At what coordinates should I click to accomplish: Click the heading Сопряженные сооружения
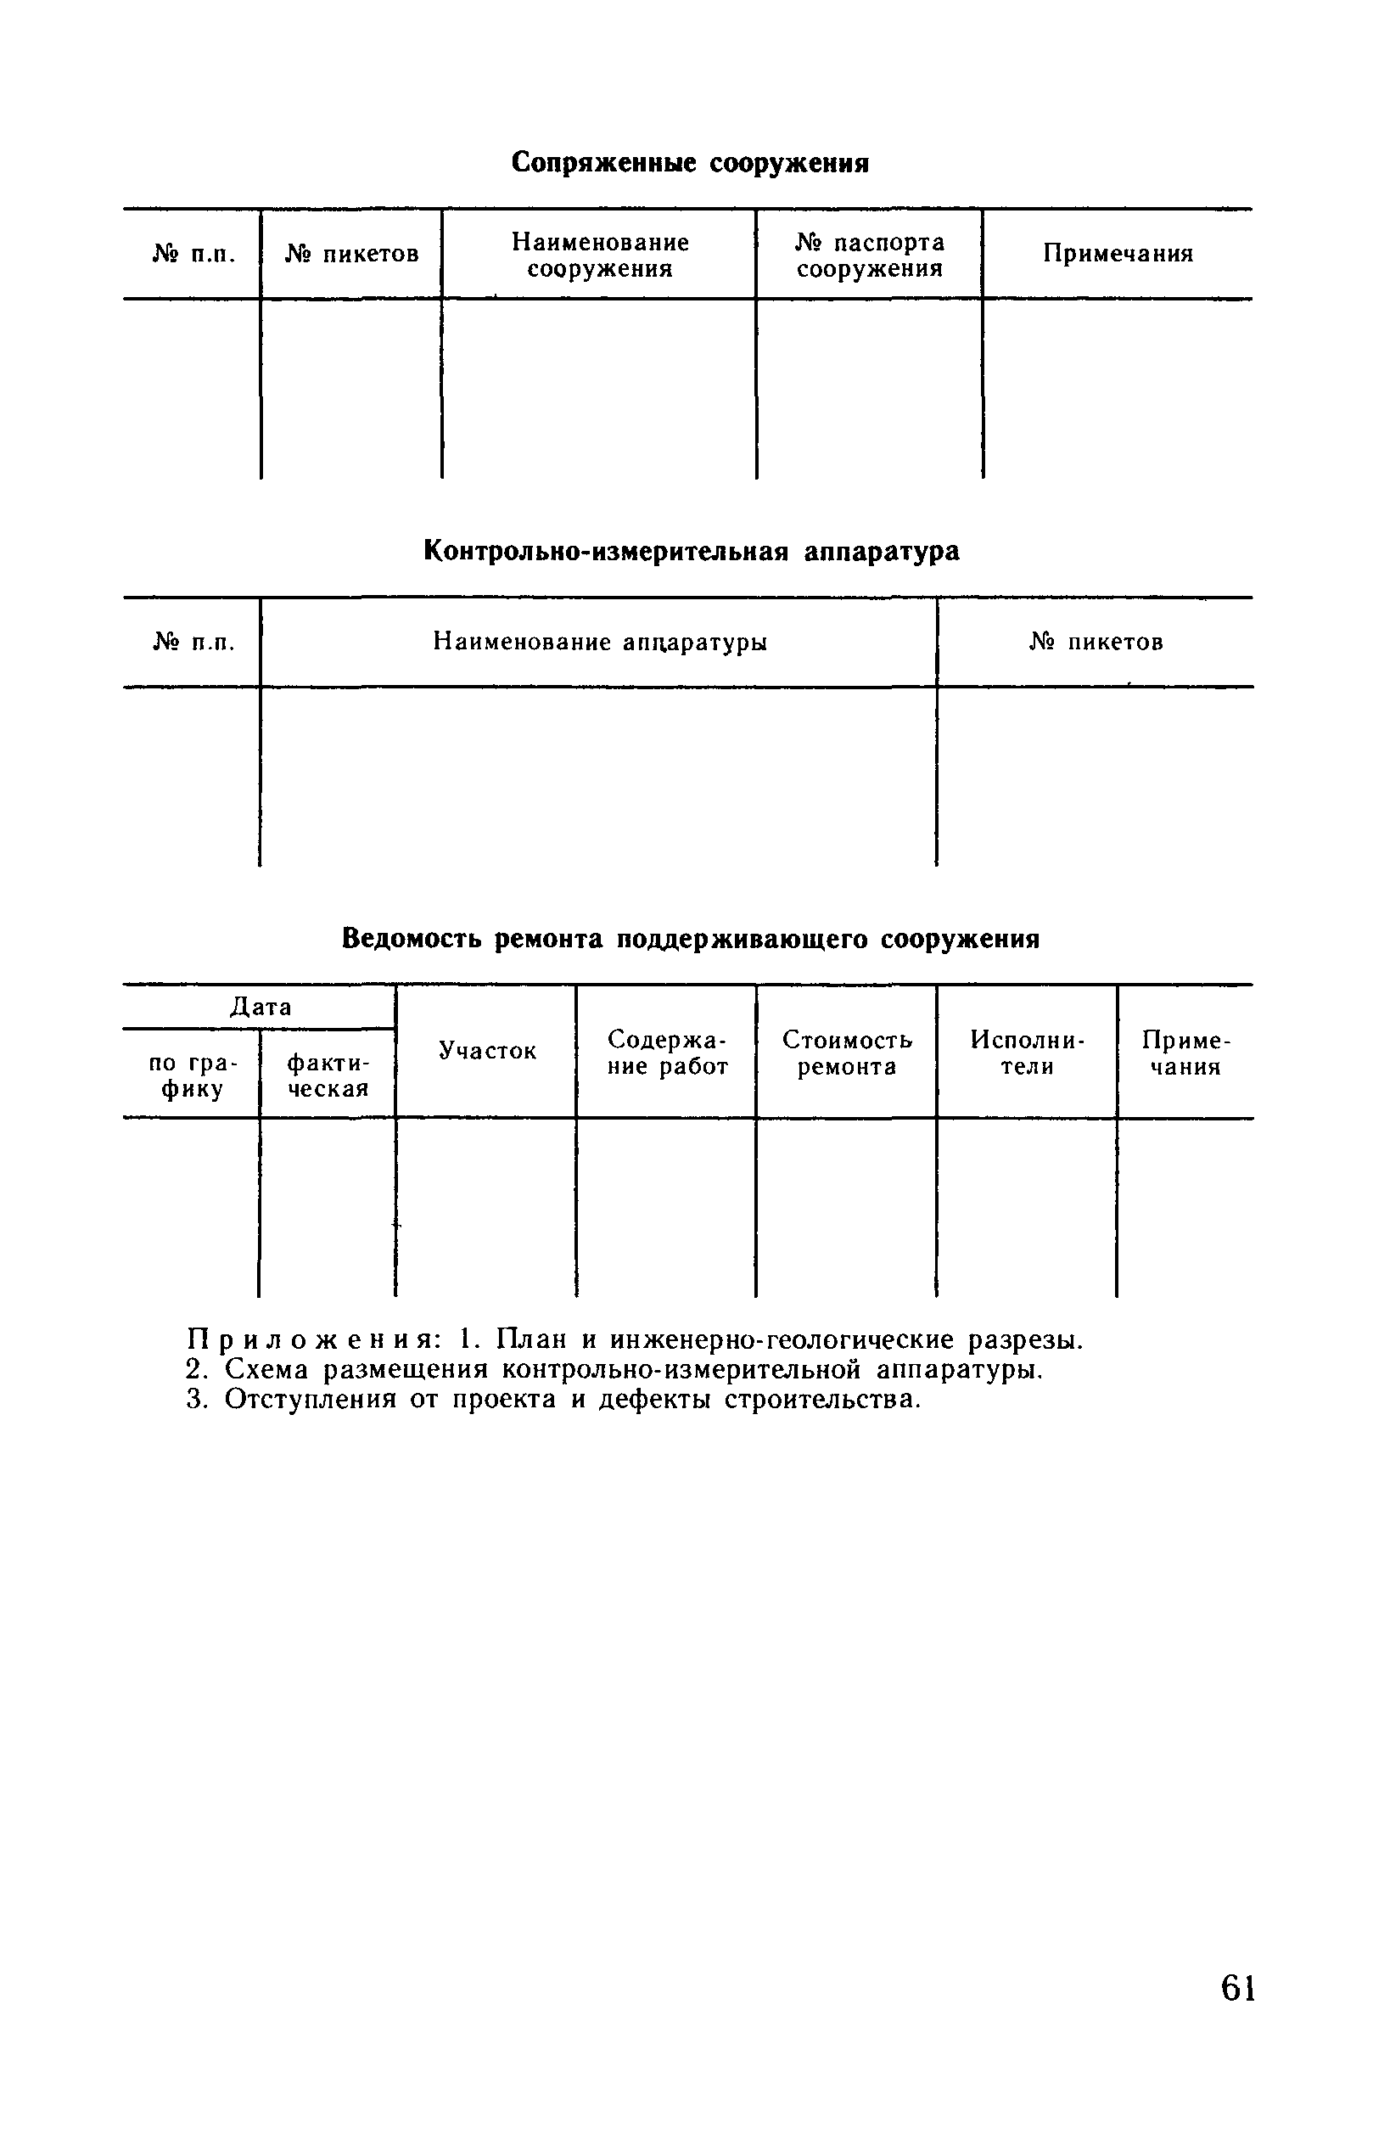tap(690, 163)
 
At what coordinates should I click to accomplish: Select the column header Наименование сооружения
tap(600, 255)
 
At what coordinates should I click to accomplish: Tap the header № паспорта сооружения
tap(869, 255)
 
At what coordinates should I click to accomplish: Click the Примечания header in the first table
tap(1118, 254)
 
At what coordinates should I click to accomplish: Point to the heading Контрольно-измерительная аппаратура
tap(691, 552)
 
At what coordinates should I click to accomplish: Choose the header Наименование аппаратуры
tap(600, 642)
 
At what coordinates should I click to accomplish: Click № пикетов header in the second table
tap(1096, 642)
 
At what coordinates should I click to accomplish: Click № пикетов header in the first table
tap(352, 255)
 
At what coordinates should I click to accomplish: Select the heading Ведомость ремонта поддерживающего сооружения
tap(690, 940)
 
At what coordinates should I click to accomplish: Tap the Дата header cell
tap(261, 1008)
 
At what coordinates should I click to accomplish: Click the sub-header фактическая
tap(328, 1075)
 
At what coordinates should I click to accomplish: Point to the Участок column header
tap(487, 1051)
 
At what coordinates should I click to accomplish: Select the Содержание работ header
tap(667, 1053)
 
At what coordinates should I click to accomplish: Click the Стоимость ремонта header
tap(847, 1053)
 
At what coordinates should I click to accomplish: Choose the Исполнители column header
tap(1027, 1053)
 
